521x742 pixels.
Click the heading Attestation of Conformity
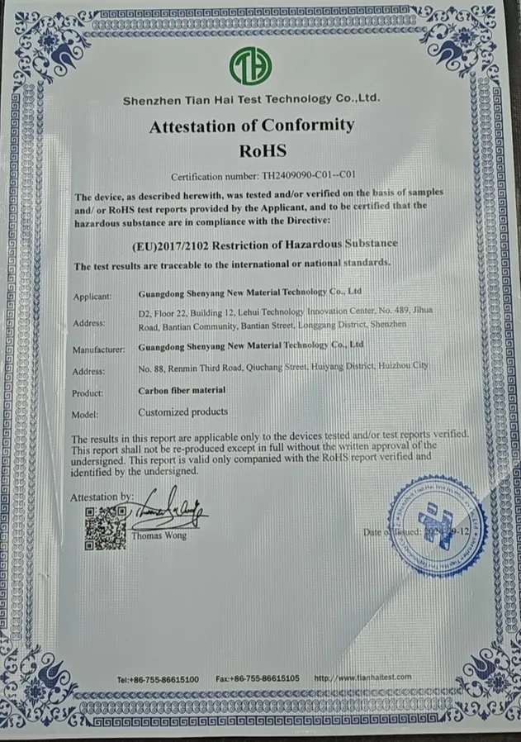[x=252, y=126]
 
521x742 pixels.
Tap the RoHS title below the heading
[x=261, y=150]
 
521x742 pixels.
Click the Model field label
[x=85, y=414]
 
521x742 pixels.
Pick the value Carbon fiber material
[x=182, y=390]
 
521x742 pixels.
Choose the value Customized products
[x=182, y=411]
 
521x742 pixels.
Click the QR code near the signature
[x=105, y=530]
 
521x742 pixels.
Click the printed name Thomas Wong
[x=159, y=535]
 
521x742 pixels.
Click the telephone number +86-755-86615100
[x=159, y=678]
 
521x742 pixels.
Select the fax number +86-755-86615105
[x=258, y=678]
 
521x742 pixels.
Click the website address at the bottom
[x=362, y=678]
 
